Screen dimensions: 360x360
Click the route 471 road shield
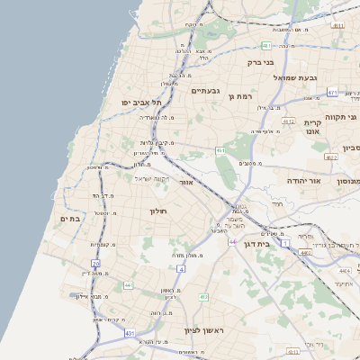(x=332, y=92)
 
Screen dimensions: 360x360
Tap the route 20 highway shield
(x=96, y=263)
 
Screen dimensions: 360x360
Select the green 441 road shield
(x=129, y=284)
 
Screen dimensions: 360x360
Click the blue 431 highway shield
(x=118, y=333)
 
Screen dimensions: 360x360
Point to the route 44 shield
(x=231, y=242)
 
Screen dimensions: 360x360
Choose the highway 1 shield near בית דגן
(x=285, y=243)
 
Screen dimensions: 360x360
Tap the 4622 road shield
(x=331, y=157)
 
